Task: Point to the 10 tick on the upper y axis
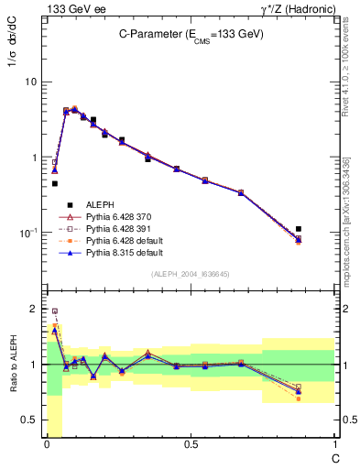[30, 82]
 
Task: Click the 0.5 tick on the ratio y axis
[31, 420]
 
